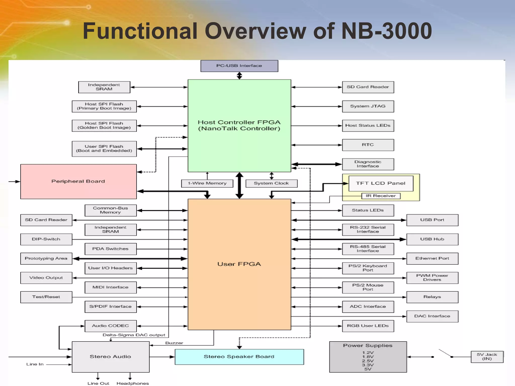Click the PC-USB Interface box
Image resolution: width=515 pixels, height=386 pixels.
[239, 66]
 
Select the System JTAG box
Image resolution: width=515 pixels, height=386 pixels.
[368, 106]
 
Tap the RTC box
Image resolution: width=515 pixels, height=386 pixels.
[368, 145]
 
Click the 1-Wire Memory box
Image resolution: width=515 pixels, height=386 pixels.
[207, 183]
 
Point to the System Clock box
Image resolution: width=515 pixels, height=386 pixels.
[271, 183]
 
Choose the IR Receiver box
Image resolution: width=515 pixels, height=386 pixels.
[381, 196]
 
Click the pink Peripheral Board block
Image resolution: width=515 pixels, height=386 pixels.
[78, 181]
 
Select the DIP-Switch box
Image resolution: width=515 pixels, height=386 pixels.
[46, 239]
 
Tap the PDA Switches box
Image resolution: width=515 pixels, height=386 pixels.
[111, 249]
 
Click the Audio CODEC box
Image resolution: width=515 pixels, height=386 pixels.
[111, 326]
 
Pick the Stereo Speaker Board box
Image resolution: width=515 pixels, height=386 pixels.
[239, 357]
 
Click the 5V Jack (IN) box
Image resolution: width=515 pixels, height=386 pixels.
[487, 357]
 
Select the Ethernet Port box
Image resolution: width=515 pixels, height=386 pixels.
[432, 259]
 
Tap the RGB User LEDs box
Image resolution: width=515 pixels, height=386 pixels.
[368, 326]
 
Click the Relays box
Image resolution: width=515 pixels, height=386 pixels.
[432, 297]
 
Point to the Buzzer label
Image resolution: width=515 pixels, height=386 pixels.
[174, 343]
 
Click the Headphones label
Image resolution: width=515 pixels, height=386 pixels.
[133, 383]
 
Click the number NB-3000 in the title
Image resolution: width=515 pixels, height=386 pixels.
[387, 31]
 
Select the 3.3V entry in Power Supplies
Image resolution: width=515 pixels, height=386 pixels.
[368, 365]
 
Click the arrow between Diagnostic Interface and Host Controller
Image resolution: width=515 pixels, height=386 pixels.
[317, 164]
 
